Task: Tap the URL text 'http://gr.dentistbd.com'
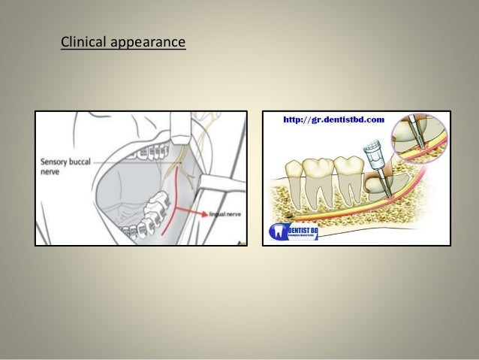point(333,119)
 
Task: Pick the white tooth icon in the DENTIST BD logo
point(275,231)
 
